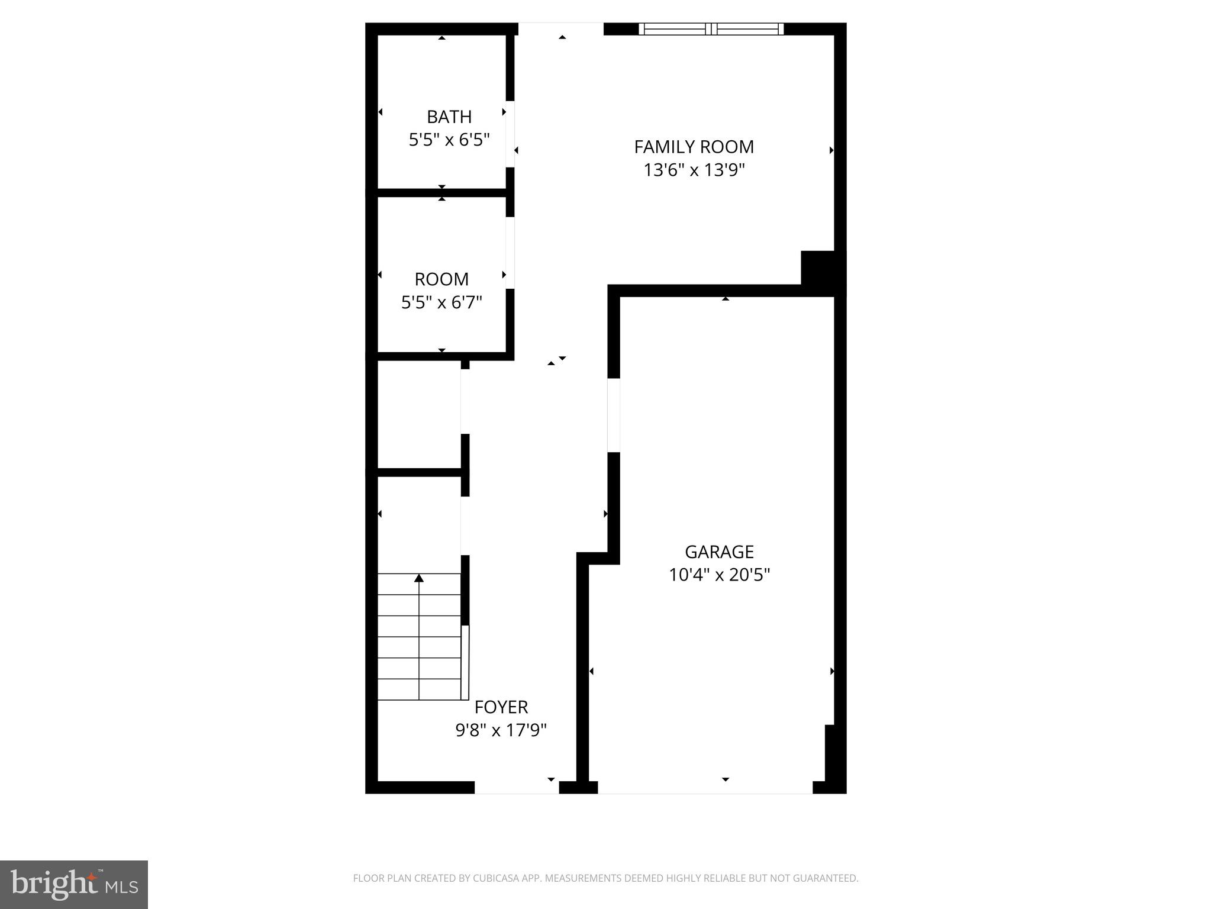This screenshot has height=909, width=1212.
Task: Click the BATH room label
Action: coord(449,117)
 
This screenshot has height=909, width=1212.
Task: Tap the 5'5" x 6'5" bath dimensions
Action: coord(449,140)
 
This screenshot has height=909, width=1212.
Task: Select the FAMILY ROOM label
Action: coord(694,147)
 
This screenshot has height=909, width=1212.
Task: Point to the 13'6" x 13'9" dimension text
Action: coord(694,170)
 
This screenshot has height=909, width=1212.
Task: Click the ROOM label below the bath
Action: coord(441,279)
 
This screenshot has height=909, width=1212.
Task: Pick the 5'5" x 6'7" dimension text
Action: coord(441,303)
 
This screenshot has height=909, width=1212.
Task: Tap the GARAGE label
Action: coord(719,552)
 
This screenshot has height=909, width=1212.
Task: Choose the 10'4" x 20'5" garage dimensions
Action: coord(719,575)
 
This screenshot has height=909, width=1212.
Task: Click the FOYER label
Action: coord(501,707)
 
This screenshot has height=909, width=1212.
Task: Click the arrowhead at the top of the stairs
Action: coord(419,578)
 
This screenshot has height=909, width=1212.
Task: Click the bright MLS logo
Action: coord(74,884)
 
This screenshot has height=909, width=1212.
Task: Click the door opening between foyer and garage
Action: coord(614,415)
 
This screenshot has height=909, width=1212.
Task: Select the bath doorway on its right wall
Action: coord(510,134)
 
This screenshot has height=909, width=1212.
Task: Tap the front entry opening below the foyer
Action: coord(517,787)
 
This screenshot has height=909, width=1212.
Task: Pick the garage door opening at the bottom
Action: coord(705,787)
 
